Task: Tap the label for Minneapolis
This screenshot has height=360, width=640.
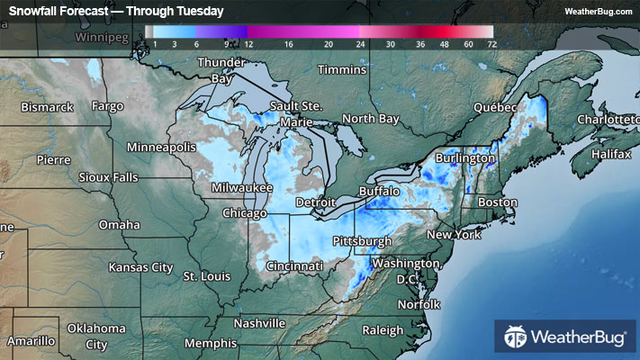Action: [x=161, y=147]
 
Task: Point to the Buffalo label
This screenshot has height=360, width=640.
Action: [x=379, y=192]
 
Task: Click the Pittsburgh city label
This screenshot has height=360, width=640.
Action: [x=362, y=241]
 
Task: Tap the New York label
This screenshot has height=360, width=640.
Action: [x=455, y=234]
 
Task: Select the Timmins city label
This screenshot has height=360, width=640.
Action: [x=343, y=69]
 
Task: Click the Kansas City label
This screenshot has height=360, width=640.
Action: [x=140, y=267]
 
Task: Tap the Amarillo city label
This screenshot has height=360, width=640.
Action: [x=32, y=342]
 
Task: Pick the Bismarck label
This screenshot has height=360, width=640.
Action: [x=48, y=107]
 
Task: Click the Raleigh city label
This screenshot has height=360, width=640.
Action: [x=383, y=330]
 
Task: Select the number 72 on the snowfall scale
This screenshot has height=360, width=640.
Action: [x=491, y=43]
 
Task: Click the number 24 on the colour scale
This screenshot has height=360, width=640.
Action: [x=360, y=43]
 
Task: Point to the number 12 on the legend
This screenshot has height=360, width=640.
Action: [x=248, y=43]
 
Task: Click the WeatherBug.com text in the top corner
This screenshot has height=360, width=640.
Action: [x=599, y=11]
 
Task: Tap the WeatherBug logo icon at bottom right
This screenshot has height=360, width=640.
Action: [x=515, y=338]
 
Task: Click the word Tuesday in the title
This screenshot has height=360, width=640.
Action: [x=201, y=11]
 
